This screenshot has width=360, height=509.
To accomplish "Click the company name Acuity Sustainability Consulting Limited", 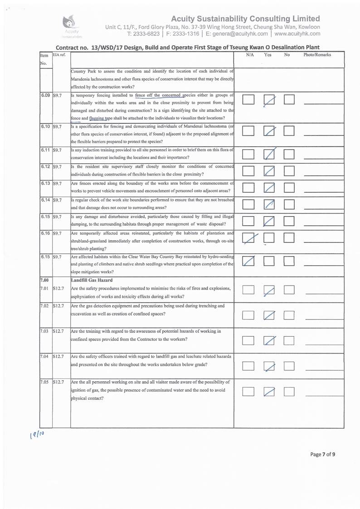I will pyautogui.click(x=245, y=19).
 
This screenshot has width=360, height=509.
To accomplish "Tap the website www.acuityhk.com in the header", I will pyautogui.click(x=297, y=33).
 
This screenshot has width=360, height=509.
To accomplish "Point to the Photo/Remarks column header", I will pyautogui.click(x=317, y=55).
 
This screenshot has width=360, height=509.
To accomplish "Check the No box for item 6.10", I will pyautogui.click(x=289, y=131).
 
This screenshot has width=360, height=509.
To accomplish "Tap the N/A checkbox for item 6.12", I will pyautogui.click(x=248, y=172).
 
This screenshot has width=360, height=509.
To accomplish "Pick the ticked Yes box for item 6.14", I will pyautogui.click(x=269, y=205).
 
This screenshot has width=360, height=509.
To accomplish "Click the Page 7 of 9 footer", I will pyautogui.click(x=322, y=454).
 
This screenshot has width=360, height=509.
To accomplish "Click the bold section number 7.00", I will pyautogui.click(x=44, y=280).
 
